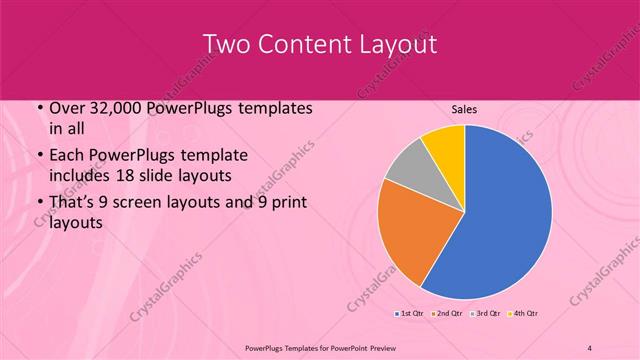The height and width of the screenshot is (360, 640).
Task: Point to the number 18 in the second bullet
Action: [x=165, y=177]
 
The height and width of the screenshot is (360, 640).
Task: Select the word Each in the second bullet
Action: [x=65, y=155]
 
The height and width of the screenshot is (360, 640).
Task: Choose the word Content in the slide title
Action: [x=305, y=44]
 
